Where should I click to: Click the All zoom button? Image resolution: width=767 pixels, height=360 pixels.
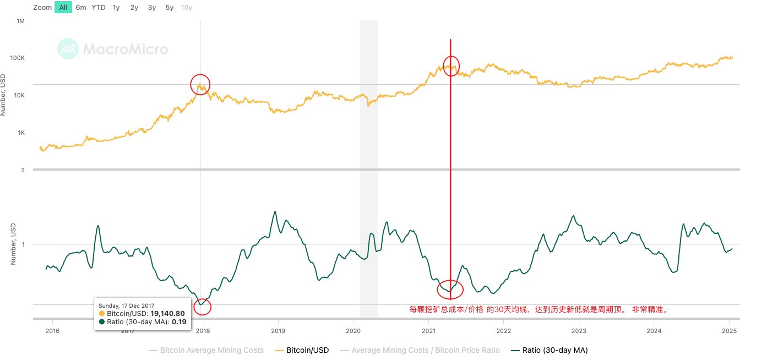(x=63, y=8)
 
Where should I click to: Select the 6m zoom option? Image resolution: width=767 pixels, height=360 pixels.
(x=81, y=8)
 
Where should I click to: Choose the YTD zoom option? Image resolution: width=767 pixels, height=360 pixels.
(x=99, y=8)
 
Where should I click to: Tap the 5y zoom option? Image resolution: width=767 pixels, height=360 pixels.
(x=170, y=8)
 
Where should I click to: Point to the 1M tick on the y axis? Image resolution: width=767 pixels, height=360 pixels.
(x=21, y=21)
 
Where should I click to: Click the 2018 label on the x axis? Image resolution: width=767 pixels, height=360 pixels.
(x=203, y=331)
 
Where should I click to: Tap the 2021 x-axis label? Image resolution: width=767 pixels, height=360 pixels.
(x=428, y=331)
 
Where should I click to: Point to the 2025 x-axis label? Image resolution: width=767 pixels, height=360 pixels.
(x=729, y=331)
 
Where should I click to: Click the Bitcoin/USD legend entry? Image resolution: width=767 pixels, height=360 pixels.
(x=302, y=350)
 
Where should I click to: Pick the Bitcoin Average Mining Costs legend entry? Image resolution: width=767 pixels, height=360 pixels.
(x=206, y=350)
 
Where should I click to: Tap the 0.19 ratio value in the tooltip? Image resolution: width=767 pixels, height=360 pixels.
(x=178, y=321)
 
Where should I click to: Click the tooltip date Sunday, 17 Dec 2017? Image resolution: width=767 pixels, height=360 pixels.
(x=126, y=306)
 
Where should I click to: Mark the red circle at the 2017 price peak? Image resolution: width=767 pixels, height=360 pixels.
(x=200, y=84)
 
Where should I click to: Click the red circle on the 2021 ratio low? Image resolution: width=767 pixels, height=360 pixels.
(x=450, y=289)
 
